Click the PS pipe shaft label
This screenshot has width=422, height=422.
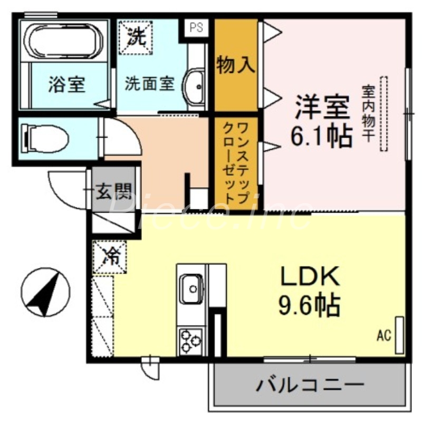point(196,28)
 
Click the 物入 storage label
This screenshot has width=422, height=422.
point(236,65)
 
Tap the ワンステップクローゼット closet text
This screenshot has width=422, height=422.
point(236,161)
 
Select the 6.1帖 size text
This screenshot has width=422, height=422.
point(322,136)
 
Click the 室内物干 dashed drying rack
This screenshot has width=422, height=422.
point(383,114)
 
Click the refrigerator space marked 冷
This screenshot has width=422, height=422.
point(110,257)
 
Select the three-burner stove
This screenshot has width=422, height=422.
point(191,340)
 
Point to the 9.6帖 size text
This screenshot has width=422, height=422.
point(309,304)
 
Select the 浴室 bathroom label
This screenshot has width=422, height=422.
point(67,84)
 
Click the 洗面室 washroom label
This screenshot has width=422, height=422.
point(149,84)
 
